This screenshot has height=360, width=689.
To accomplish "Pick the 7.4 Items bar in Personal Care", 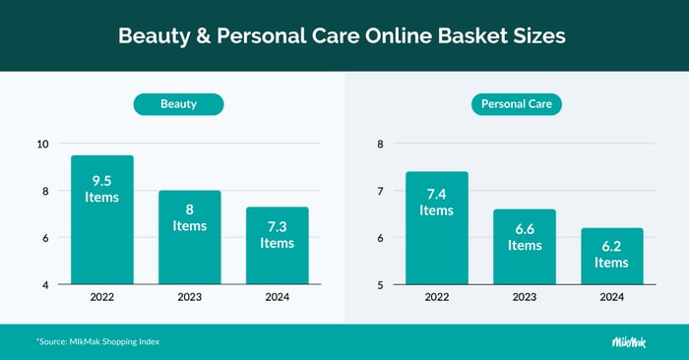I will tap(436, 228).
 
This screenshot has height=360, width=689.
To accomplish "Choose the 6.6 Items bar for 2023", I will tap(524, 247).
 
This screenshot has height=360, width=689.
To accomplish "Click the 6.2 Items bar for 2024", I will tap(611, 257).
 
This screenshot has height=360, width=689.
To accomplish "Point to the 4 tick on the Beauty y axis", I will tap(44, 285).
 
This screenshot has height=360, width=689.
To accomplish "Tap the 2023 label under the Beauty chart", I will tap(190, 297).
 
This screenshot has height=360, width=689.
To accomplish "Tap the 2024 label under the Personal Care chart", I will tap(611, 297).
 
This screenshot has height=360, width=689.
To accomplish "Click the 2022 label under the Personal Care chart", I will tap(436, 297).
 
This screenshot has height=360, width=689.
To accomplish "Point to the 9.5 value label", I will tap(101, 181).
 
